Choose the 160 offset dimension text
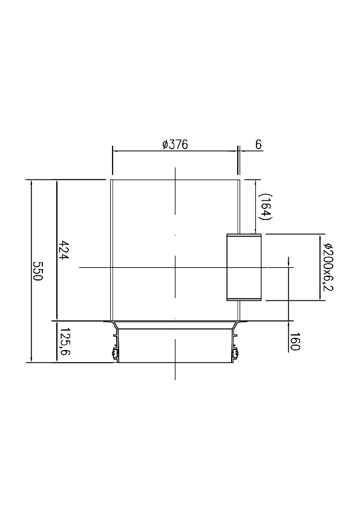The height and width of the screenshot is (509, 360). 295,342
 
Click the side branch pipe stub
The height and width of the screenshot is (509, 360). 243,267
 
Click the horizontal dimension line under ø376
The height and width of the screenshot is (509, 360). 175,151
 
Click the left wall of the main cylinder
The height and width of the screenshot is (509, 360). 111,248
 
